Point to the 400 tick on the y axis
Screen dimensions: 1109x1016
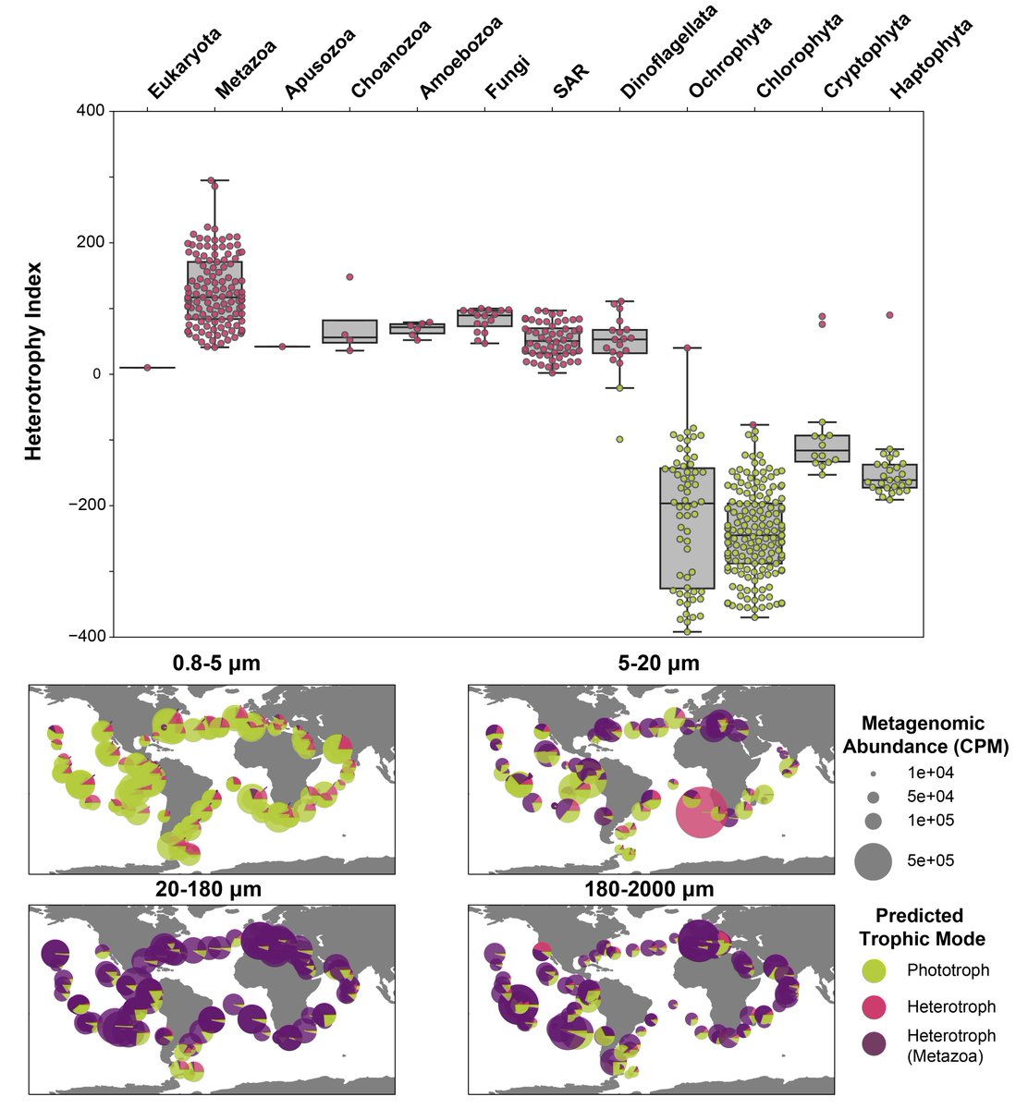[x=90, y=111]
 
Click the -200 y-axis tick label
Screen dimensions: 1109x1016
[x=85, y=506]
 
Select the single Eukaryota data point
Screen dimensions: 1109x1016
[x=148, y=367]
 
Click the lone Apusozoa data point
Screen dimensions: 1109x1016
[x=282, y=347]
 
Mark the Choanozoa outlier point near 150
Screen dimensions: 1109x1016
[x=350, y=276]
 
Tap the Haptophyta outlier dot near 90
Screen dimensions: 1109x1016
[x=889, y=315]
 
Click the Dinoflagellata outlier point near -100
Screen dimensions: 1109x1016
[x=619, y=439]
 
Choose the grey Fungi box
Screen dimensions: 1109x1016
[x=485, y=319]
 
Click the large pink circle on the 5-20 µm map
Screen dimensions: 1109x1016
[x=701, y=811]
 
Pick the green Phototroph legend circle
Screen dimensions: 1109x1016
[x=873, y=970]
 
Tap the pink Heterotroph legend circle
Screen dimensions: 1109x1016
[x=873, y=1006]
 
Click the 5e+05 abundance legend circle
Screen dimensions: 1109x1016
[x=873, y=860]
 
